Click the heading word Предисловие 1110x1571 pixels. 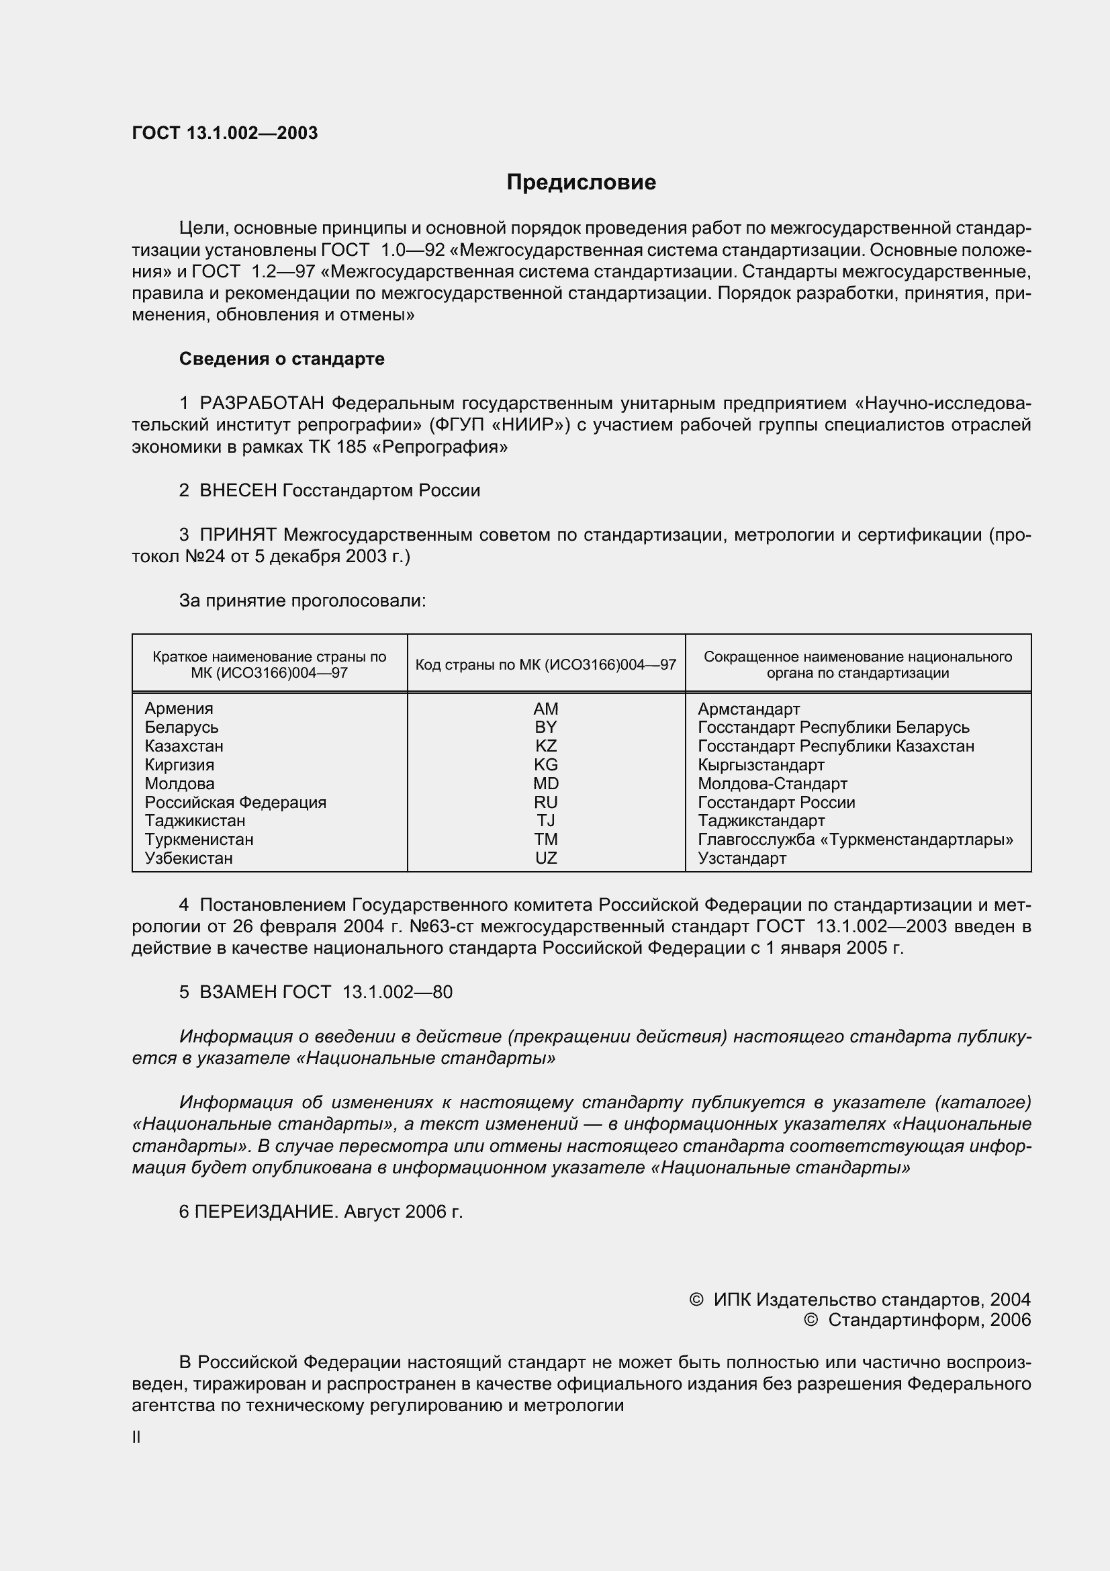click(581, 182)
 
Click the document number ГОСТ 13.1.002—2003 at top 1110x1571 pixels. click(224, 134)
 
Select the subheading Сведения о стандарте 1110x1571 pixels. click(281, 359)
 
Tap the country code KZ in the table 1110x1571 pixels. click(546, 746)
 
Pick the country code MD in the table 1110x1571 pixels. click(546, 783)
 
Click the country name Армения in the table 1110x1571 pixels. click(179, 709)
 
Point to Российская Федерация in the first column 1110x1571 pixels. click(235, 802)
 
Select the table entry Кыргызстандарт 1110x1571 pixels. click(761, 765)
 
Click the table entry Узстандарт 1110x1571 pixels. click(741, 858)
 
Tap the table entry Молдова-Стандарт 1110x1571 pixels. click(772, 783)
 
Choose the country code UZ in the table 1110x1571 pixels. click(546, 858)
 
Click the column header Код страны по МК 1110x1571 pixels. click(545, 664)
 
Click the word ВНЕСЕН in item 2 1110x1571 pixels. click(238, 490)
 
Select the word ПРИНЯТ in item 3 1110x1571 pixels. click(238, 535)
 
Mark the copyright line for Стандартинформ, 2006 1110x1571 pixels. click(917, 1320)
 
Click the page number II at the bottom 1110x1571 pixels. click(136, 1437)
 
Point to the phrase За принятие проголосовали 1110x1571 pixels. click(302, 600)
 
